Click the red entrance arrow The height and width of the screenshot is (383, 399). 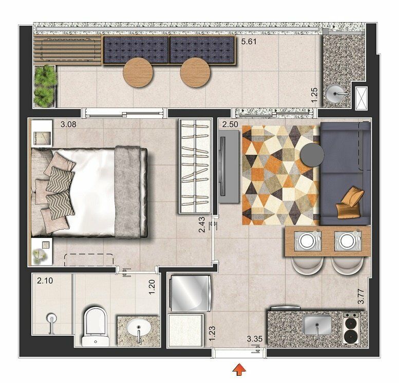(x=239, y=370)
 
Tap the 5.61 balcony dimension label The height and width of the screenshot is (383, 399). (x=249, y=42)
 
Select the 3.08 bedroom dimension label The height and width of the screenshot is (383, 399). (x=68, y=124)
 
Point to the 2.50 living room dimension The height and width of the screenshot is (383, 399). (x=230, y=124)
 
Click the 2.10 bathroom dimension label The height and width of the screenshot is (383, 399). (x=45, y=281)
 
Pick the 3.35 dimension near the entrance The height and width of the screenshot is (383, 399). (x=255, y=339)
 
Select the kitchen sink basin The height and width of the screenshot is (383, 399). (x=317, y=324)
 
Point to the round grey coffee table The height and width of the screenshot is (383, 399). (x=312, y=154)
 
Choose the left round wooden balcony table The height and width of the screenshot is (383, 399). (x=138, y=72)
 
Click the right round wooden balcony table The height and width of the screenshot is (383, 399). (x=195, y=72)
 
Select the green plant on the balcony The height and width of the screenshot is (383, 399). (x=45, y=86)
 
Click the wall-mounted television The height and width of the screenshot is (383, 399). (x=223, y=167)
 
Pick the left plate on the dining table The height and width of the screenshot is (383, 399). (x=307, y=241)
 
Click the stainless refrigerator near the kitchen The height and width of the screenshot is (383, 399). (x=190, y=293)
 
